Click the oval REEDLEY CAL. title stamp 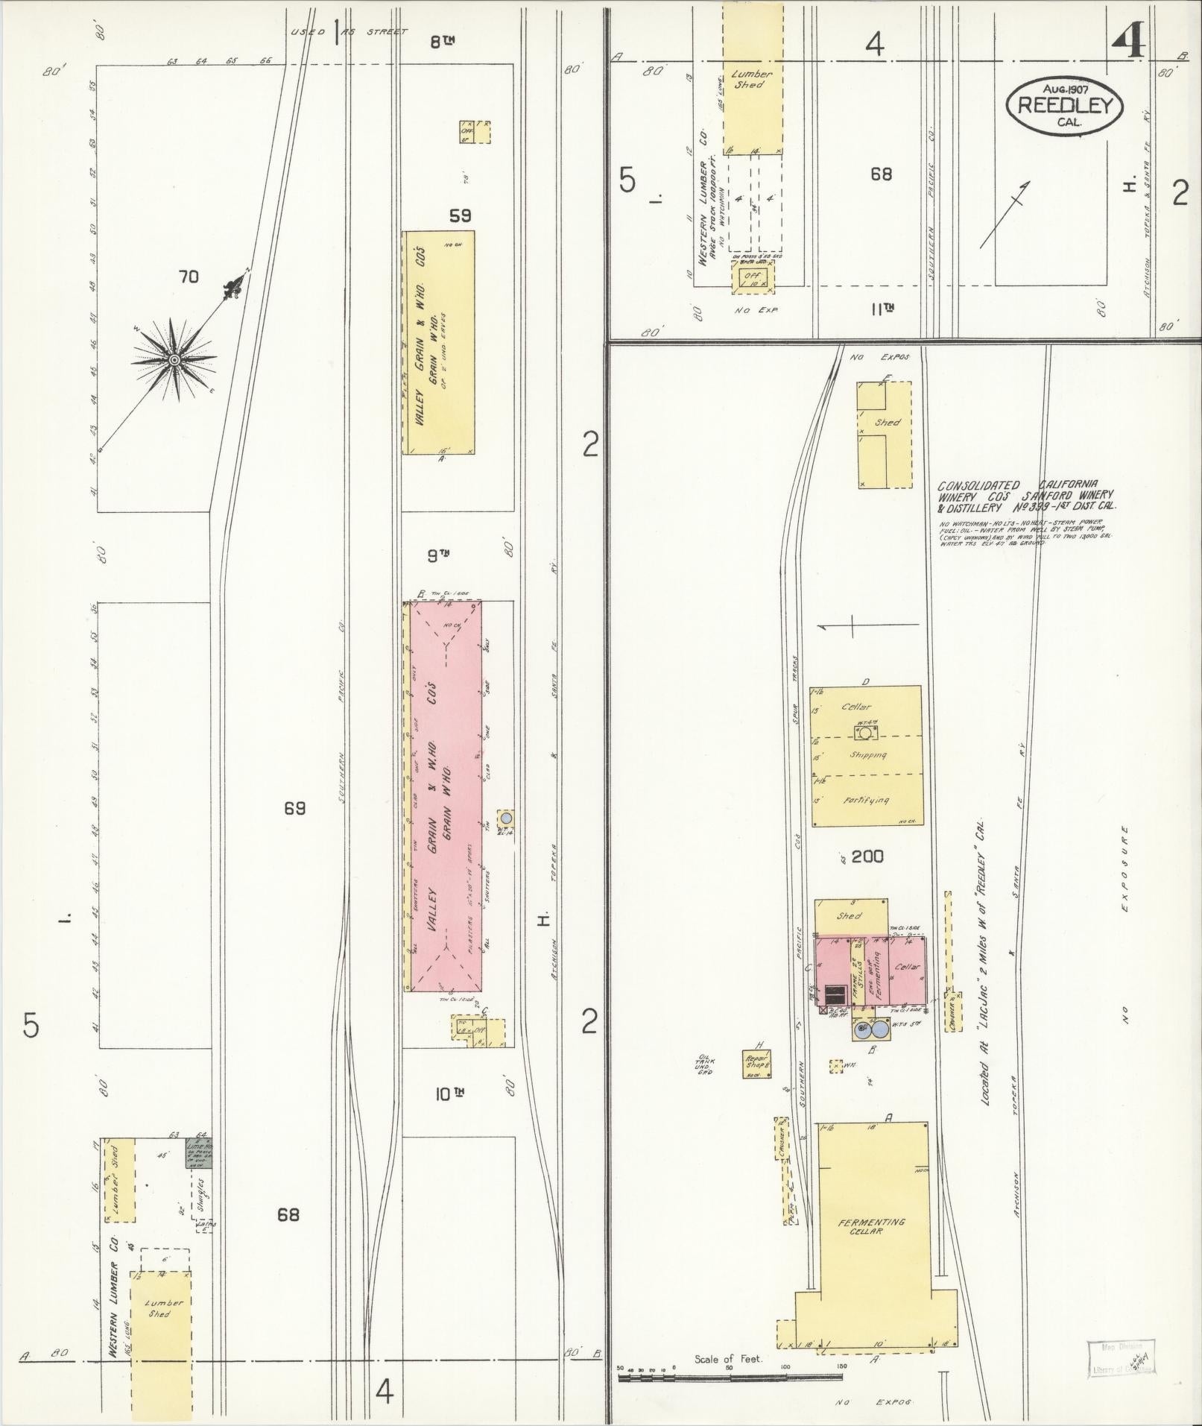(1063, 105)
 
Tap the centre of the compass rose (174, 360)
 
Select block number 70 (189, 277)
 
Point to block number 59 (460, 216)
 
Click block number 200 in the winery (867, 856)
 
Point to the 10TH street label (449, 1094)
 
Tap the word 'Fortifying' (866, 801)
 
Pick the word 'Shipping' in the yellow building (867, 755)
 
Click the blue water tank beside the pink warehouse (506, 818)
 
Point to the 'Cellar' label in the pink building (908, 966)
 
